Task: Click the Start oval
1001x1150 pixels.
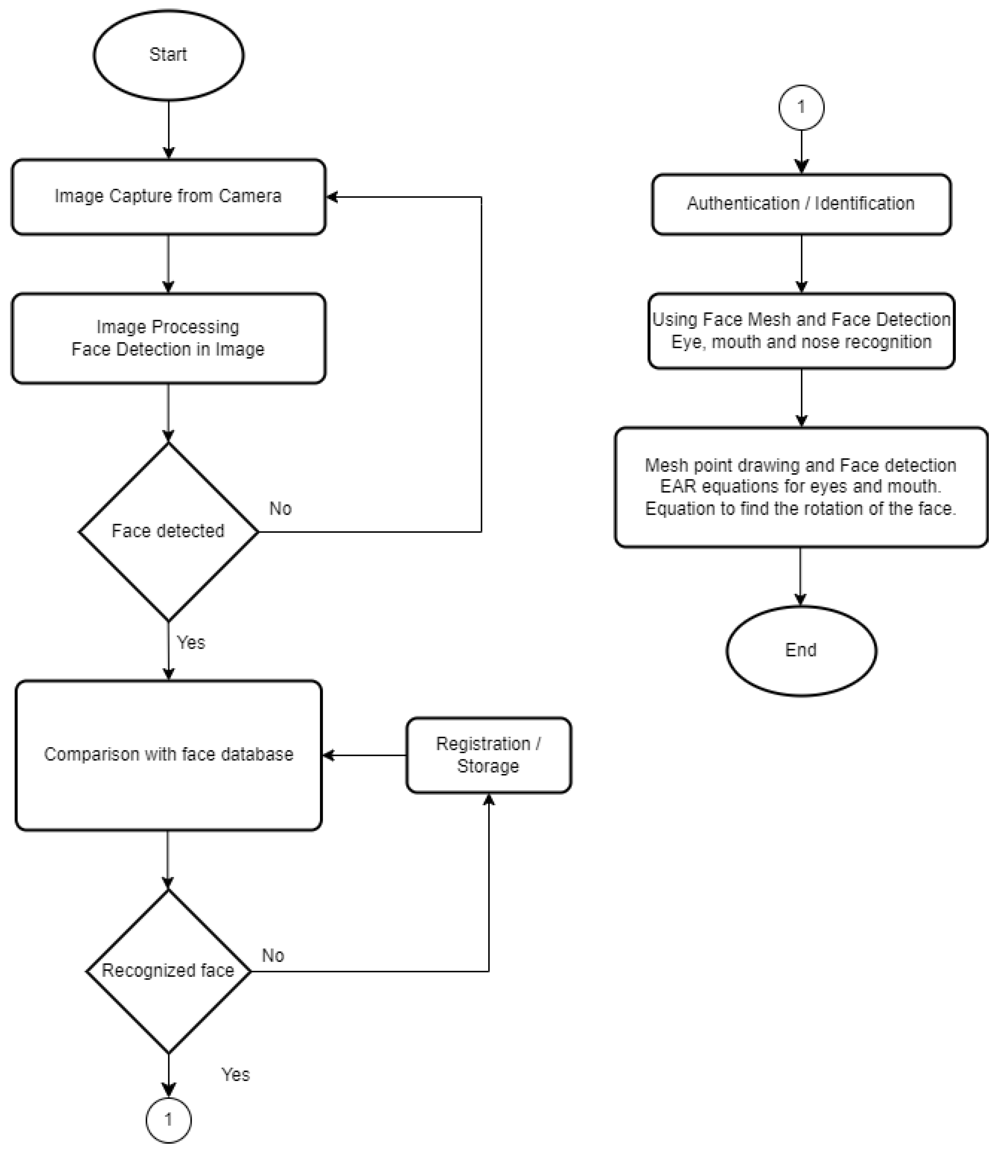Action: tap(168, 55)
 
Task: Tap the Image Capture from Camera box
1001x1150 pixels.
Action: tap(168, 197)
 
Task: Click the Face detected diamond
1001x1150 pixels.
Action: tap(168, 531)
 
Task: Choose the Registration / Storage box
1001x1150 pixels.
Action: tap(488, 755)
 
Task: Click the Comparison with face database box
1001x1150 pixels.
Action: tap(168, 755)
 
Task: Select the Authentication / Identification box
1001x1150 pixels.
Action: tap(801, 204)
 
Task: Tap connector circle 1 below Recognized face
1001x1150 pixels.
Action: tap(168, 1120)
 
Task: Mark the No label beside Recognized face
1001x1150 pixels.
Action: tap(273, 956)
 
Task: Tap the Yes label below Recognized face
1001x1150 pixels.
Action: tap(235, 1075)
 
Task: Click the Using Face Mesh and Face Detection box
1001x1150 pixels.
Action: tap(801, 331)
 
